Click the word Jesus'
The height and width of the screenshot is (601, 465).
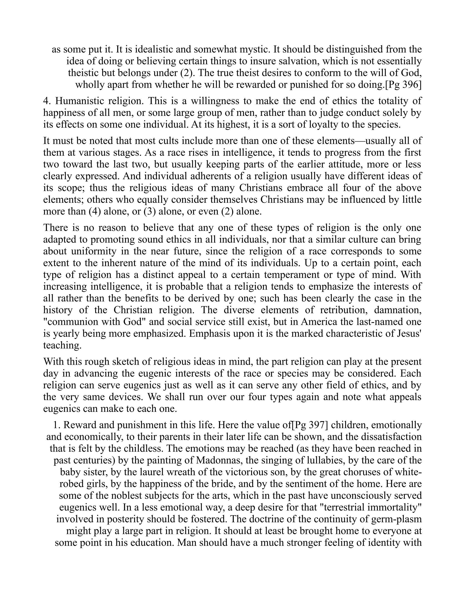(x=411, y=334)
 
